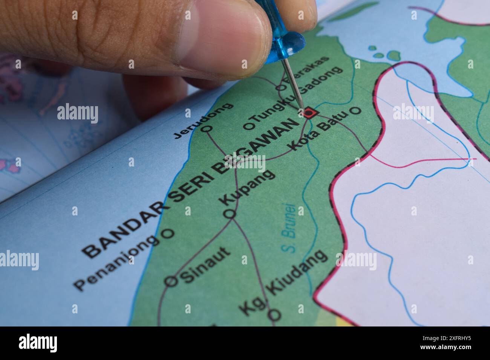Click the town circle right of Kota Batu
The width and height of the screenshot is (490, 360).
[x=355, y=111]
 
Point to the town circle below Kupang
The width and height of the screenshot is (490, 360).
[x=230, y=214]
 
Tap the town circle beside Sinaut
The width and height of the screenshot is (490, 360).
[x=171, y=281]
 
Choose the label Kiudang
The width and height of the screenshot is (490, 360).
[x=298, y=271]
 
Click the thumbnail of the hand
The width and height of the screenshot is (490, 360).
[x=222, y=41]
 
